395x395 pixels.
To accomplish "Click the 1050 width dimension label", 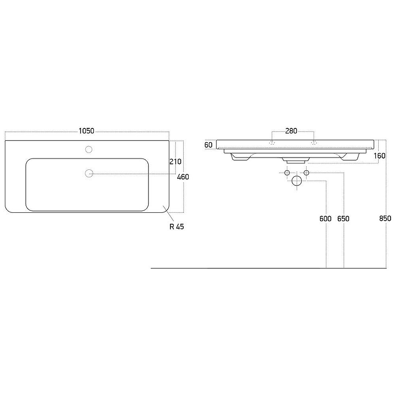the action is click(86, 131).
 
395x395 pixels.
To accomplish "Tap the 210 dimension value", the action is click(175, 161).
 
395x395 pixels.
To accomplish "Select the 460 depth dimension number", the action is click(183, 177).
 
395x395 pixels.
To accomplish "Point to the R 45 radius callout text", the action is click(177, 227).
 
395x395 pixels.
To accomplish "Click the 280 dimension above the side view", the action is click(291, 131).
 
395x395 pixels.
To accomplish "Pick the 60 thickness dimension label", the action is click(208, 145).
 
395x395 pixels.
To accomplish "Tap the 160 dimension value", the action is click(379, 156).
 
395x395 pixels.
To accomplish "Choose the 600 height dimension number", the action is click(325, 219).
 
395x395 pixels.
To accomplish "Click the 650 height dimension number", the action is click(343, 219).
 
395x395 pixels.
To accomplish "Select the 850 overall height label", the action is click(385, 218).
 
